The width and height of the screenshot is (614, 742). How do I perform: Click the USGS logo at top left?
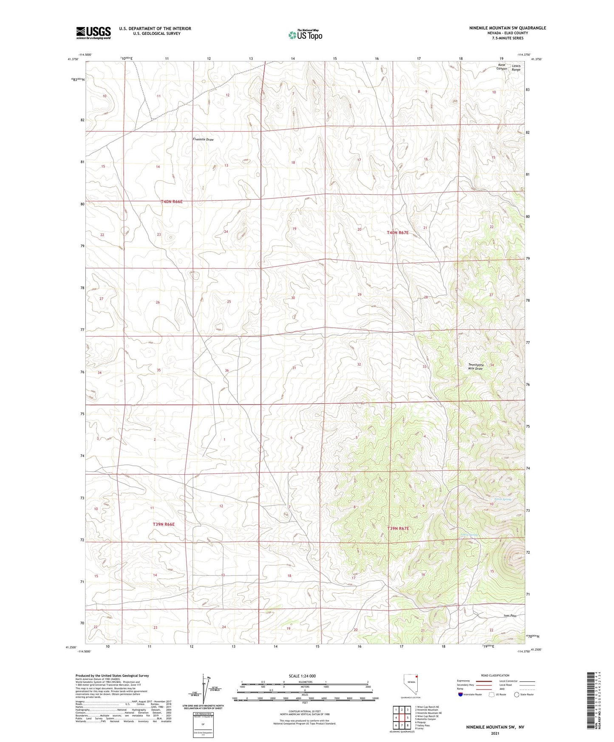pos(93,32)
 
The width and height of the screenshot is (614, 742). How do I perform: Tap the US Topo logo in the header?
pos(305,35)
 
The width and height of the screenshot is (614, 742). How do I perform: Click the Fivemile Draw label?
pos(203,139)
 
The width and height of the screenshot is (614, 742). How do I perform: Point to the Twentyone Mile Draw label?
pos(475,367)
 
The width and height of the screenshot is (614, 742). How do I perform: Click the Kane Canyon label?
pos(501,66)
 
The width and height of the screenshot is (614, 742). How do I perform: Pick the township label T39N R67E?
pos(398,528)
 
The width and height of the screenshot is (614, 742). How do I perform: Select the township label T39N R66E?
pos(164,524)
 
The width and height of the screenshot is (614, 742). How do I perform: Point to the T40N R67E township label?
pos(398,232)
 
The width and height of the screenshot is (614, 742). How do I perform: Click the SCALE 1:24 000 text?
pos(302,676)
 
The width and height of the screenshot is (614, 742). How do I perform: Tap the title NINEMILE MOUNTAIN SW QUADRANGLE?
pos(507,28)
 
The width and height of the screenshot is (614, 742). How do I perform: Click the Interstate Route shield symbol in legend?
pos(460,694)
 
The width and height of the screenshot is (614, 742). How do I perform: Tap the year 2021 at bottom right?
pos(495,733)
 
